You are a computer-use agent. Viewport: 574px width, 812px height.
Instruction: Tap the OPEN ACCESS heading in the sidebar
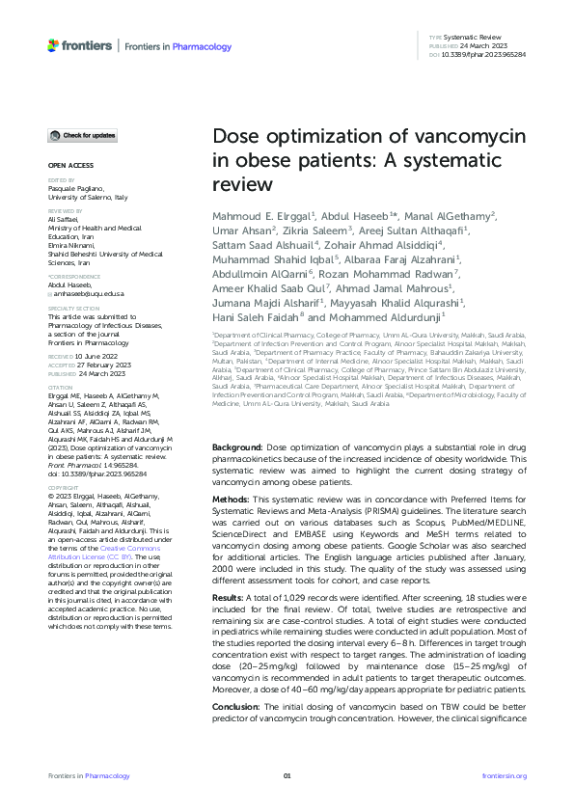click(69, 166)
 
